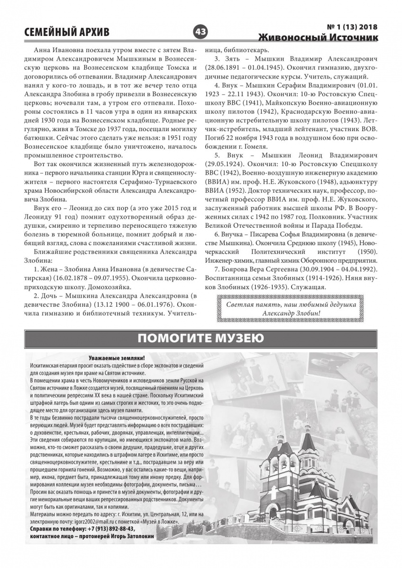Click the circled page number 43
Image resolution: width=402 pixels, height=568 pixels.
[200, 32]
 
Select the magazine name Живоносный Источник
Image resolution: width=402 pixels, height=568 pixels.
[319, 37]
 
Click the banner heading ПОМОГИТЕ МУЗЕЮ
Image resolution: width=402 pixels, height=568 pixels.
[201, 338]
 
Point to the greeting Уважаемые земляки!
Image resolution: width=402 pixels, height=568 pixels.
[117, 359]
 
